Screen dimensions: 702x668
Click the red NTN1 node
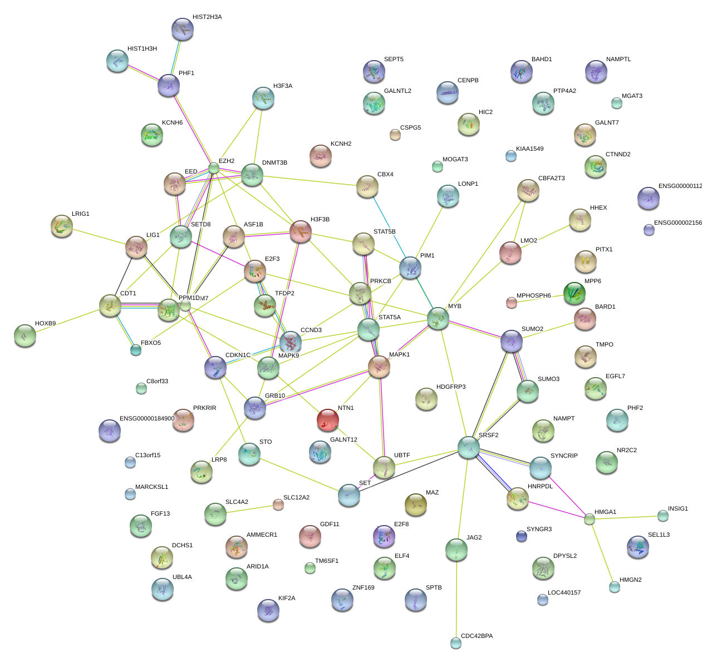tap(328, 420)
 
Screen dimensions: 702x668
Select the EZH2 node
tap(214, 168)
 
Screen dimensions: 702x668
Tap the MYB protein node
tap(438, 318)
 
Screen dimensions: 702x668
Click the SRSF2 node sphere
tap(469, 447)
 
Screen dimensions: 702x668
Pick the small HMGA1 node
tap(590, 519)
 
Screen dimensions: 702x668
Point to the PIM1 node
tap(410, 268)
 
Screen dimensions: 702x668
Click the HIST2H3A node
tap(183, 29)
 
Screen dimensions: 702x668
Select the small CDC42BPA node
tap(456, 643)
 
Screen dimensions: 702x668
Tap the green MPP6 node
tap(574, 293)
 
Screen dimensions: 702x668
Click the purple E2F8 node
tap(384, 536)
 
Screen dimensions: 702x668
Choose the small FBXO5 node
tap(136, 350)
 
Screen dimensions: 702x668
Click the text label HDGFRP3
tap(451, 387)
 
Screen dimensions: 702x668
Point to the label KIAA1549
tap(529, 149)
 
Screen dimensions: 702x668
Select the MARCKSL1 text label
tap(151, 487)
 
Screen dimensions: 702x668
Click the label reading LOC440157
tap(564, 593)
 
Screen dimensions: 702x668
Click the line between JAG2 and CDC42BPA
tap(456, 598)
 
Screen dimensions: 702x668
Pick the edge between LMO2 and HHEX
tap(546, 237)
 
